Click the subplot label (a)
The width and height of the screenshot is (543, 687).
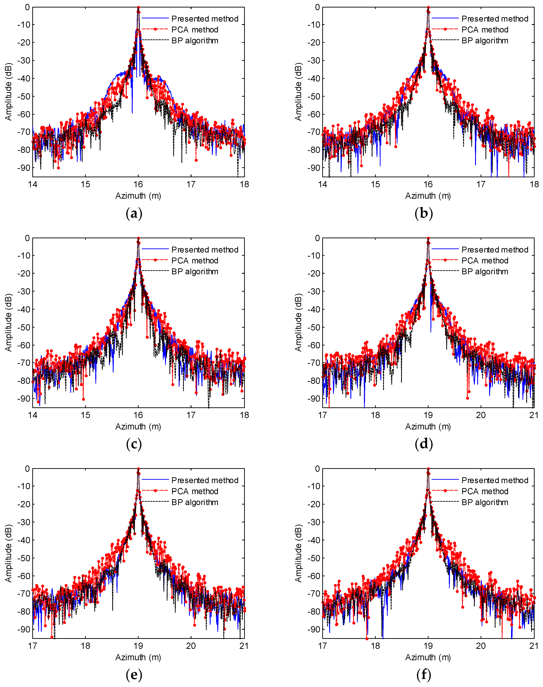point(134,214)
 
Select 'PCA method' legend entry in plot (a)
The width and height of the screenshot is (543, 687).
point(195,30)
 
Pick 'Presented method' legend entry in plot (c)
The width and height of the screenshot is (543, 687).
point(205,250)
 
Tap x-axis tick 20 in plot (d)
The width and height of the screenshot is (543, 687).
point(481,415)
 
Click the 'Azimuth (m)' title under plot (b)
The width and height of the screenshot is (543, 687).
point(428,196)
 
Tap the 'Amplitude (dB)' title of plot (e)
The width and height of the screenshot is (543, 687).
point(8,553)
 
